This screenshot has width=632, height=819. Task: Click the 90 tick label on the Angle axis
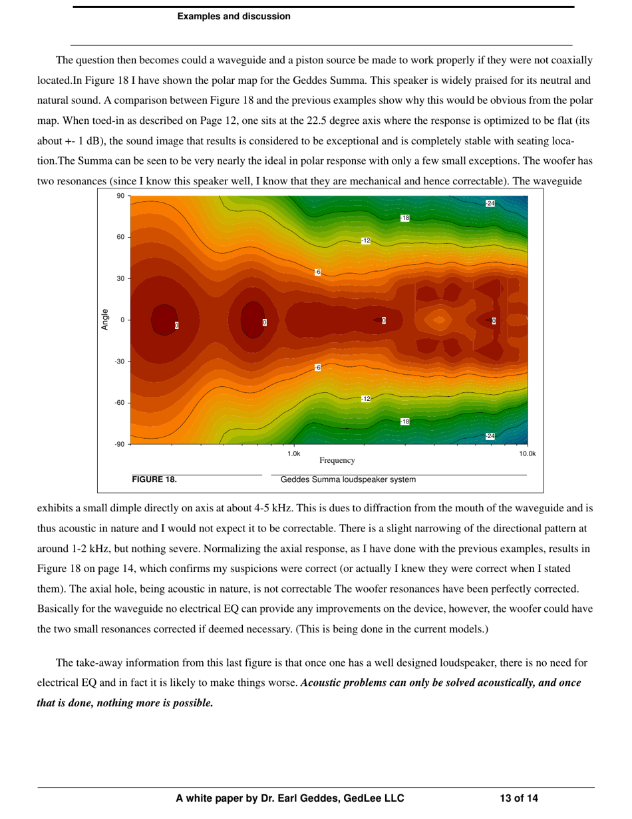120,196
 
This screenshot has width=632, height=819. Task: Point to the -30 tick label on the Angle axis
119,362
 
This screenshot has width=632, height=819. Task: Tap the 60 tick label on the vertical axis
120,237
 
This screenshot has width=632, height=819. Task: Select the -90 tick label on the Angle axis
119,444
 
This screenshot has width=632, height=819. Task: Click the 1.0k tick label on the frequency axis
294,454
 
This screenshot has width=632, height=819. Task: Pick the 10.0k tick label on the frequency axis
527,454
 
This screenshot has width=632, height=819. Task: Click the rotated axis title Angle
105,320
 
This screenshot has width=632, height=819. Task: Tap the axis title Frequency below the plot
337,460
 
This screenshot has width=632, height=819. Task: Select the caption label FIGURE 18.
154,479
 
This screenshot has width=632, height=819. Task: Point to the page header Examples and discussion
234,17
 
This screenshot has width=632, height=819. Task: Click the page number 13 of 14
519,798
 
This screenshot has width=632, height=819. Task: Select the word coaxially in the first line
571,61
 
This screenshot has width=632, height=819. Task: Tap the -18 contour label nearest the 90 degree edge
405,218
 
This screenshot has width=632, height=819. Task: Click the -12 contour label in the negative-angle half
366,399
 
